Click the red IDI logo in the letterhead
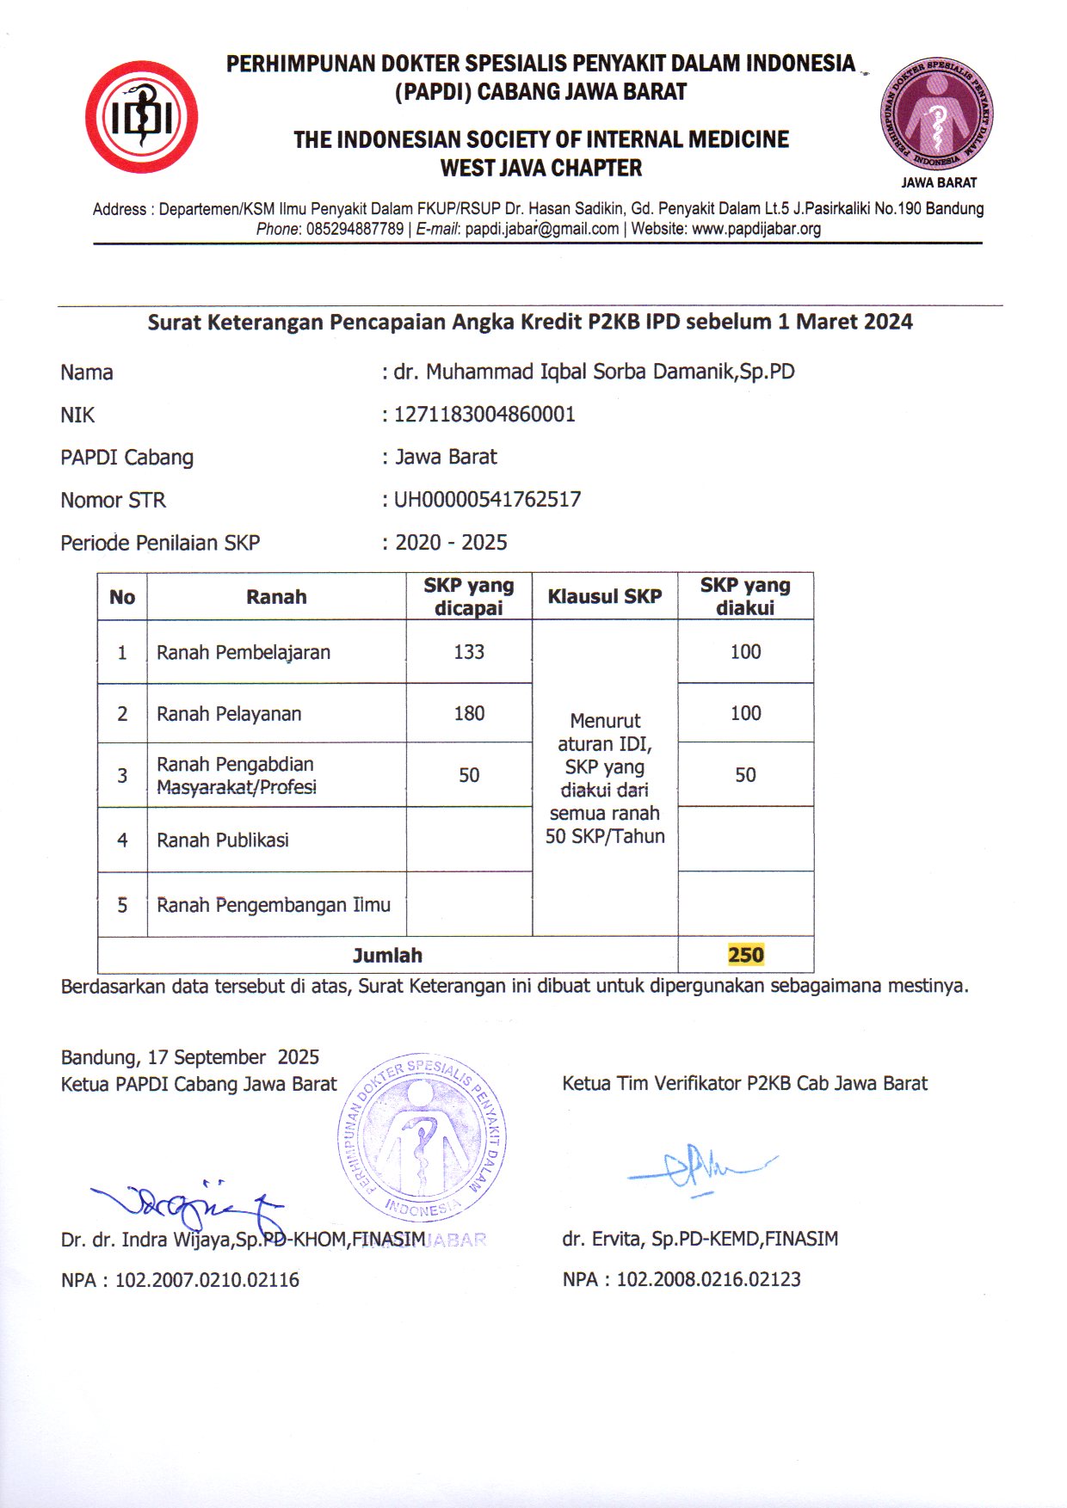(141, 117)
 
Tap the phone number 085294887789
(355, 229)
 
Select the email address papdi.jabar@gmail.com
(541, 229)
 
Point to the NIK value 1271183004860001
(484, 415)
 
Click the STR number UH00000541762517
(487, 500)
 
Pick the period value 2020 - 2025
(451, 543)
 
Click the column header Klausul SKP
(605, 596)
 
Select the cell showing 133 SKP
(469, 652)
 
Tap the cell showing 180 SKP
(469, 713)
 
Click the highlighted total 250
(745, 955)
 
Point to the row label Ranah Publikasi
(223, 840)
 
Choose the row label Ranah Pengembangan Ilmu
(273, 905)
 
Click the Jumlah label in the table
(387, 955)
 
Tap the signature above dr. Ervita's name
(699, 1167)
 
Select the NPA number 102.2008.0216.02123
(708, 1279)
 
